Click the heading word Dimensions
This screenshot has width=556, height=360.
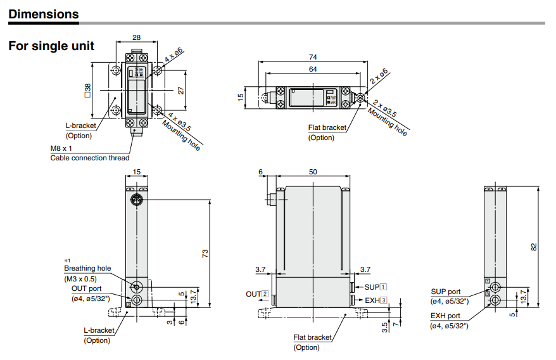click(44, 14)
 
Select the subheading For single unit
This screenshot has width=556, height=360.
click(51, 46)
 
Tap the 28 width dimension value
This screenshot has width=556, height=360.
click(137, 38)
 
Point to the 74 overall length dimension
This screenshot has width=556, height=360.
click(313, 57)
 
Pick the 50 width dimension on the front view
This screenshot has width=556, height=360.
click(313, 172)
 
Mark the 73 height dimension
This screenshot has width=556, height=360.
click(205, 253)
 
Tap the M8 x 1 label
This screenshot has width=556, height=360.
click(61, 148)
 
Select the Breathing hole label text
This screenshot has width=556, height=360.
click(87, 269)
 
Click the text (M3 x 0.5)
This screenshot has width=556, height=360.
click(80, 279)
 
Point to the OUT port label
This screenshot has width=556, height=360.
click(86, 288)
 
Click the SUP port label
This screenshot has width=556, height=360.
click(446, 292)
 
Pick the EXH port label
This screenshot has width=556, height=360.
click(446, 315)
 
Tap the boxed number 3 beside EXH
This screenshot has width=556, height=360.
click(383, 300)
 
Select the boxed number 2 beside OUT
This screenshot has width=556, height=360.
click(265, 294)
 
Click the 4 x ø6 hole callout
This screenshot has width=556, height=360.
click(174, 58)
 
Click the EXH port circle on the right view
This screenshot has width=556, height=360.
click(495, 299)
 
